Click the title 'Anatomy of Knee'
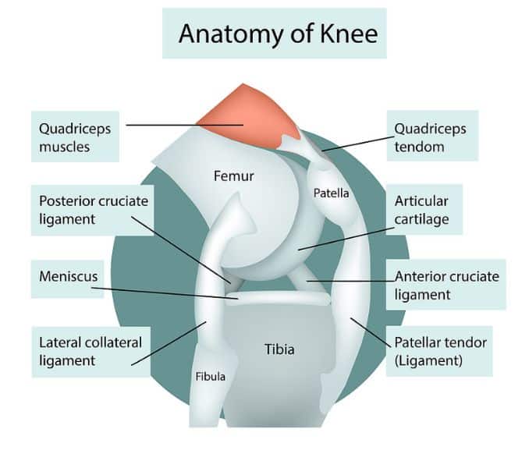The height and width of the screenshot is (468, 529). pyautogui.click(x=278, y=34)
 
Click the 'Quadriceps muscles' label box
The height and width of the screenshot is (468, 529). pyautogui.click(x=75, y=136)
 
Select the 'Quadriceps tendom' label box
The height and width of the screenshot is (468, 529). pyautogui.click(x=432, y=136)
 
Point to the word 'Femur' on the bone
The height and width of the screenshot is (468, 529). pyautogui.click(x=234, y=176)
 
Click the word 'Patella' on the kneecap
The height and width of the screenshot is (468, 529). pyautogui.click(x=332, y=193)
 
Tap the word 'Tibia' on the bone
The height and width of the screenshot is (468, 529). pyautogui.click(x=279, y=349)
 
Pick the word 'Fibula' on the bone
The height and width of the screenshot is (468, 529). pyautogui.click(x=211, y=376)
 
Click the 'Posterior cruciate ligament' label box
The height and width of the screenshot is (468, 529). pyautogui.click(x=93, y=210)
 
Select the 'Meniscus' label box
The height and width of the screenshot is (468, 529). pyautogui.click(x=67, y=278)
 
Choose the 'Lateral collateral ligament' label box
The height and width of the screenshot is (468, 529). pyautogui.click(x=91, y=352)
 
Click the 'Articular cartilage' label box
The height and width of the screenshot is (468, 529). pyautogui.click(x=424, y=209)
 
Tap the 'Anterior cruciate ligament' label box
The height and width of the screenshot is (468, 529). pyautogui.click(x=446, y=285)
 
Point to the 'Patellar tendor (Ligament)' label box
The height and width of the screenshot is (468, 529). pyautogui.click(x=439, y=351)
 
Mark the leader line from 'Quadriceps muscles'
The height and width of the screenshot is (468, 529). pyautogui.click(x=185, y=125)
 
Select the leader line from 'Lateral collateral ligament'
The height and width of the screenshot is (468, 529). pyautogui.click(x=169, y=343)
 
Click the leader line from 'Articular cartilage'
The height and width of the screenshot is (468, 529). pyautogui.click(x=346, y=239)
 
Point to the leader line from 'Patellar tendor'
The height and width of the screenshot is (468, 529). pyautogui.click(x=372, y=332)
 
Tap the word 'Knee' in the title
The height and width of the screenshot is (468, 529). pyautogui.click(x=349, y=34)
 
